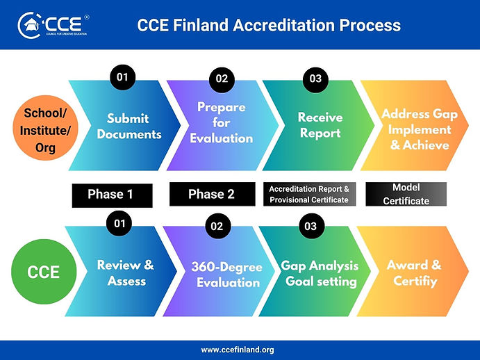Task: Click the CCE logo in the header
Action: tap(52, 26)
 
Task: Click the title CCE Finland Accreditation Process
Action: tap(269, 25)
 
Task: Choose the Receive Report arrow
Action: tap(320, 125)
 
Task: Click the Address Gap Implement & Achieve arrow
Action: tap(415, 129)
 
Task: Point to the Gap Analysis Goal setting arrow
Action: tap(320, 274)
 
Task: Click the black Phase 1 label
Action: tap(112, 195)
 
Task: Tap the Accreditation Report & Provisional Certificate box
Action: tap(308, 194)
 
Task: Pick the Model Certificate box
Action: tap(406, 195)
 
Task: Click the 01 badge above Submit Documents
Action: tap(122, 78)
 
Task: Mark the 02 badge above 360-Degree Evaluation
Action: tap(217, 226)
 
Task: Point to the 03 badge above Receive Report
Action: tap(315, 79)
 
